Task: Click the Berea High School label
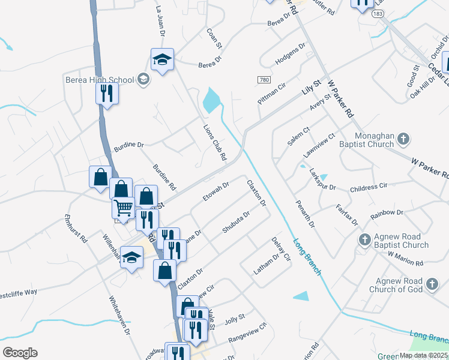coord(99,80)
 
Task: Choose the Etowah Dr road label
coord(217,193)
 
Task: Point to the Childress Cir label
coord(368,187)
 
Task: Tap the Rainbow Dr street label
coord(387,213)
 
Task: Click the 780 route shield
coord(264,80)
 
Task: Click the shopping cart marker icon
coord(123,208)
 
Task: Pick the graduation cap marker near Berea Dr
coord(162,59)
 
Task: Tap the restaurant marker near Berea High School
coord(107,93)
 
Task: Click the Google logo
coord(20,353)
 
